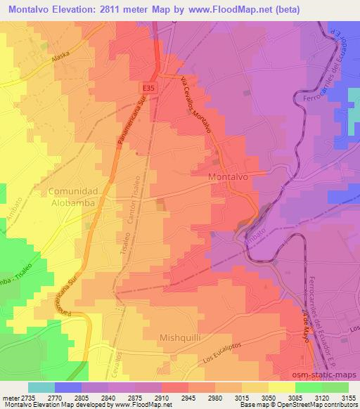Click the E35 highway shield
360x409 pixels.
[x=147, y=88]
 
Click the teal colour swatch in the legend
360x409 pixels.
[x=41, y=387]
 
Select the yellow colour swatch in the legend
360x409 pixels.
[x=281, y=387]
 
